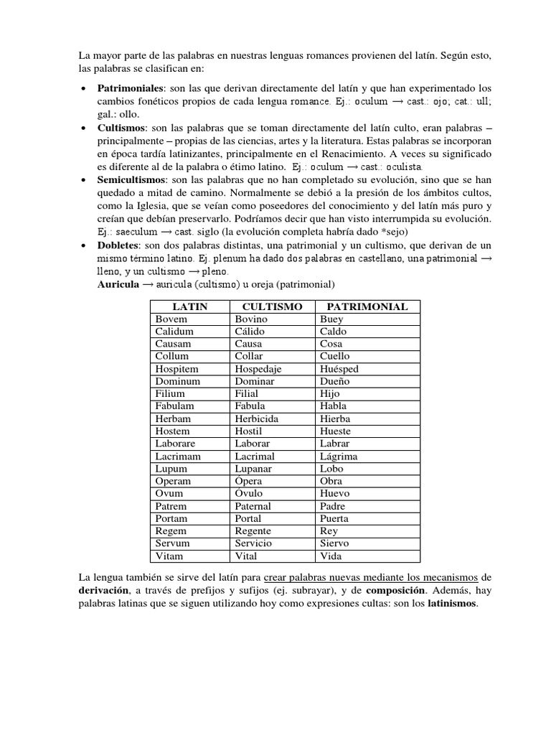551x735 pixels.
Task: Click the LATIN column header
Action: tap(190, 306)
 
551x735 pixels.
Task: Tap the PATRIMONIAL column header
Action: tap(367, 306)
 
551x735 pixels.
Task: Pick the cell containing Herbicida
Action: tap(256, 418)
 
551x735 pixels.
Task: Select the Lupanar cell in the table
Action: tap(255, 469)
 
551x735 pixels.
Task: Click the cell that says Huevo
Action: tap(334, 494)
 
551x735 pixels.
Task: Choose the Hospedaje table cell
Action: tap(258, 369)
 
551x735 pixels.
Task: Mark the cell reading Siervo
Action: tap(334, 543)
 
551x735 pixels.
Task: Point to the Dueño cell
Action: tap(335, 381)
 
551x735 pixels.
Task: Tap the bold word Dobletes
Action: tap(118, 246)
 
